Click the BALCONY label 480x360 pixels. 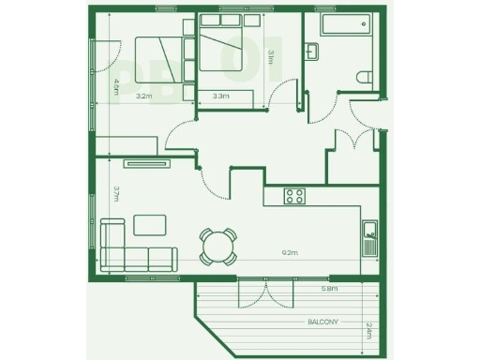pyautogui.click(x=323, y=322)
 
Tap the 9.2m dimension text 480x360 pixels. pyautogui.click(x=290, y=252)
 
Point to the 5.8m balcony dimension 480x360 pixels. pyautogui.click(x=329, y=289)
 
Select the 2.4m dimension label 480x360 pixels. pyautogui.click(x=368, y=330)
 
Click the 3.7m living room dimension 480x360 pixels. pyautogui.click(x=116, y=194)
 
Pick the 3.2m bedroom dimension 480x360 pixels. pyautogui.click(x=143, y=96)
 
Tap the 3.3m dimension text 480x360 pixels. pyautogui.click(x=222, y=96)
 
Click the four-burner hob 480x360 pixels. pyautogui.click(x=295, y=196)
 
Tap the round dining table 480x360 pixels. pyautogui.click(x=217, y=247)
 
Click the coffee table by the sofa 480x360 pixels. pyautogui.click(x=149, y=224)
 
